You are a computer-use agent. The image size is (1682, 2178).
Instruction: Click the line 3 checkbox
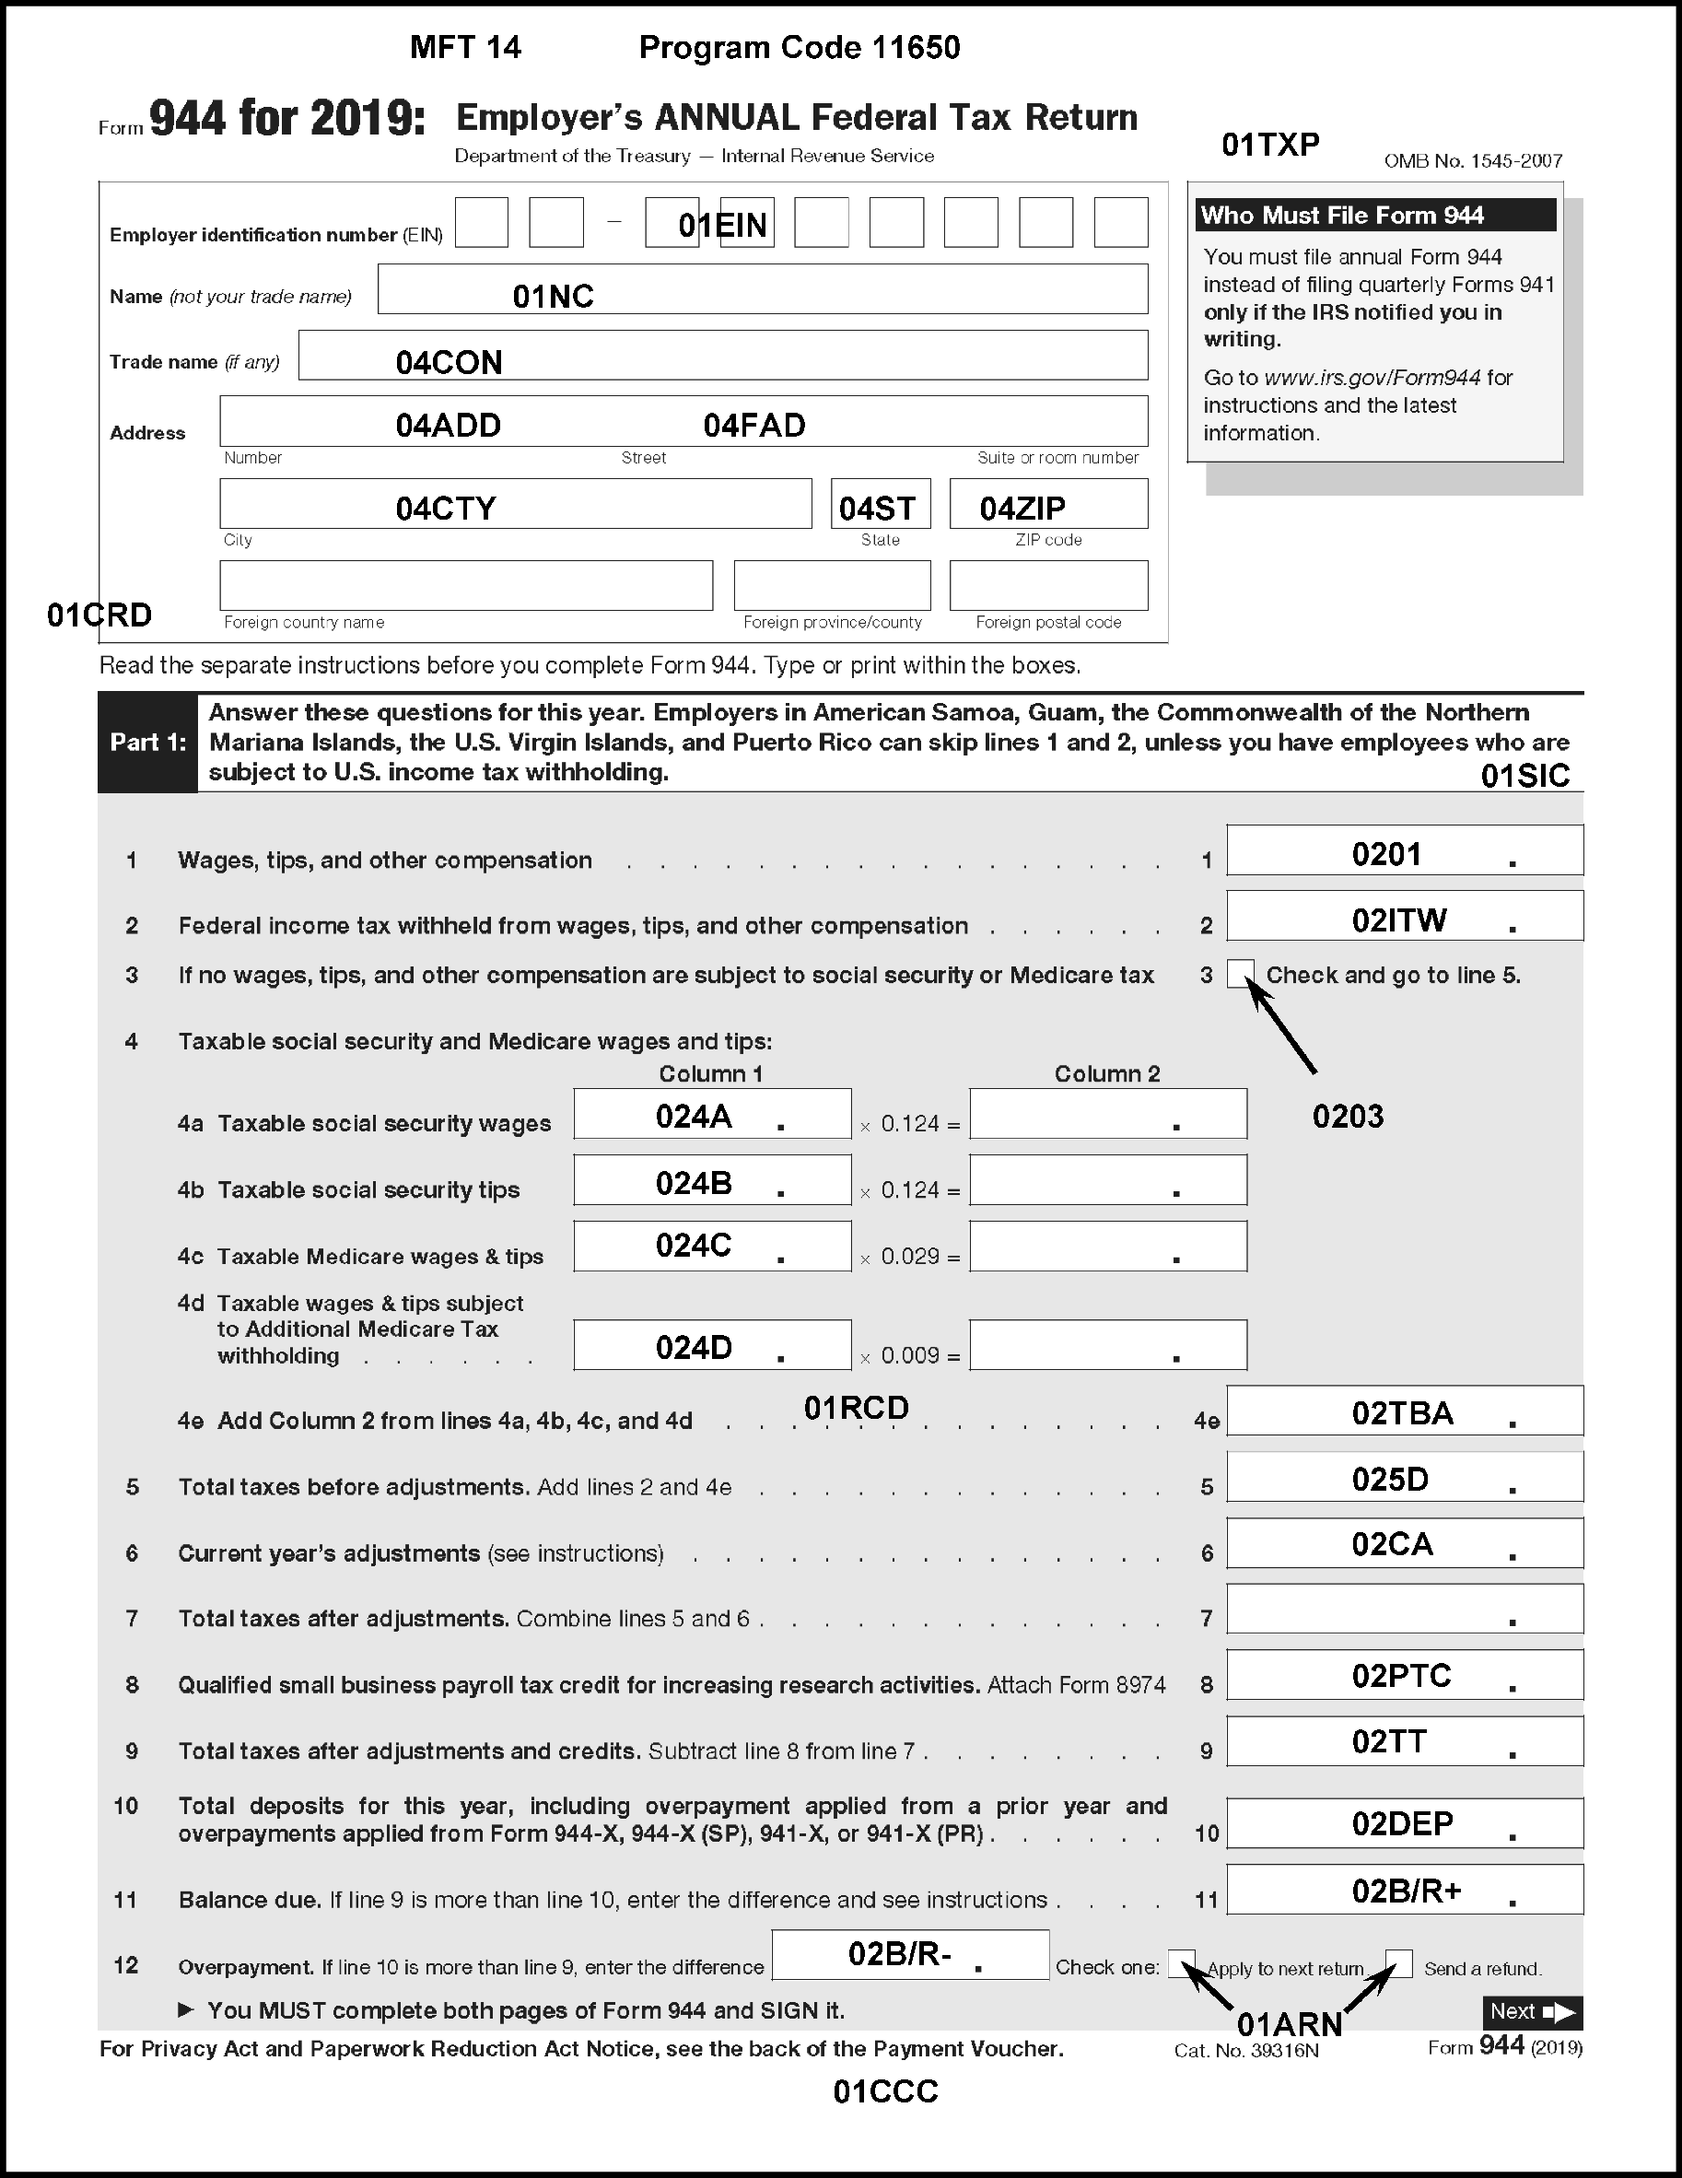point(1240,973)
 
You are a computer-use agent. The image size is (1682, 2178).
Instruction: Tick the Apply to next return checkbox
point(1182,1963)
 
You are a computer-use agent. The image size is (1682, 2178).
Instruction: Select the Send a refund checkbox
point(1399,1963)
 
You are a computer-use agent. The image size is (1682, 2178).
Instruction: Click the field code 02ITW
point(1399,919)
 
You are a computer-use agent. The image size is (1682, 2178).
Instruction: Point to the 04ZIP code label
point(1022,509)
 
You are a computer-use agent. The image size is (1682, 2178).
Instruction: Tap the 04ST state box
point(881,505)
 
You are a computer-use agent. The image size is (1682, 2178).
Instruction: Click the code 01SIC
point(1524,776)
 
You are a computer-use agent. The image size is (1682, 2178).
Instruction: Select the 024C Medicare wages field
point(712,1246)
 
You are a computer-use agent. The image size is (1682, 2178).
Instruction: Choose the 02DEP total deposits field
point(1404,1824)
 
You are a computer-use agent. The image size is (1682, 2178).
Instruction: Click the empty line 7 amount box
point(1404,1609)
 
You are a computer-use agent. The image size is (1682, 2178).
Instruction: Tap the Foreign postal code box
point(1048,585)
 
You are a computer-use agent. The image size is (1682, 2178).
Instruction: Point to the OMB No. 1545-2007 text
point(1473,161)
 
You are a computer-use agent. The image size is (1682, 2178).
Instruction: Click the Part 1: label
point(147,743)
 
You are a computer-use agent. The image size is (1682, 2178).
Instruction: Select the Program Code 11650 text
point(800,48)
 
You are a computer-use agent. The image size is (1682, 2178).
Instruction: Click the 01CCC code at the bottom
point(885,2091)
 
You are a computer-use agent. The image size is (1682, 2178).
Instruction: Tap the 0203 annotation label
point(1348,1117)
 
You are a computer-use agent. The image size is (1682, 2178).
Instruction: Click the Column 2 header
point(1106,1074)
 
